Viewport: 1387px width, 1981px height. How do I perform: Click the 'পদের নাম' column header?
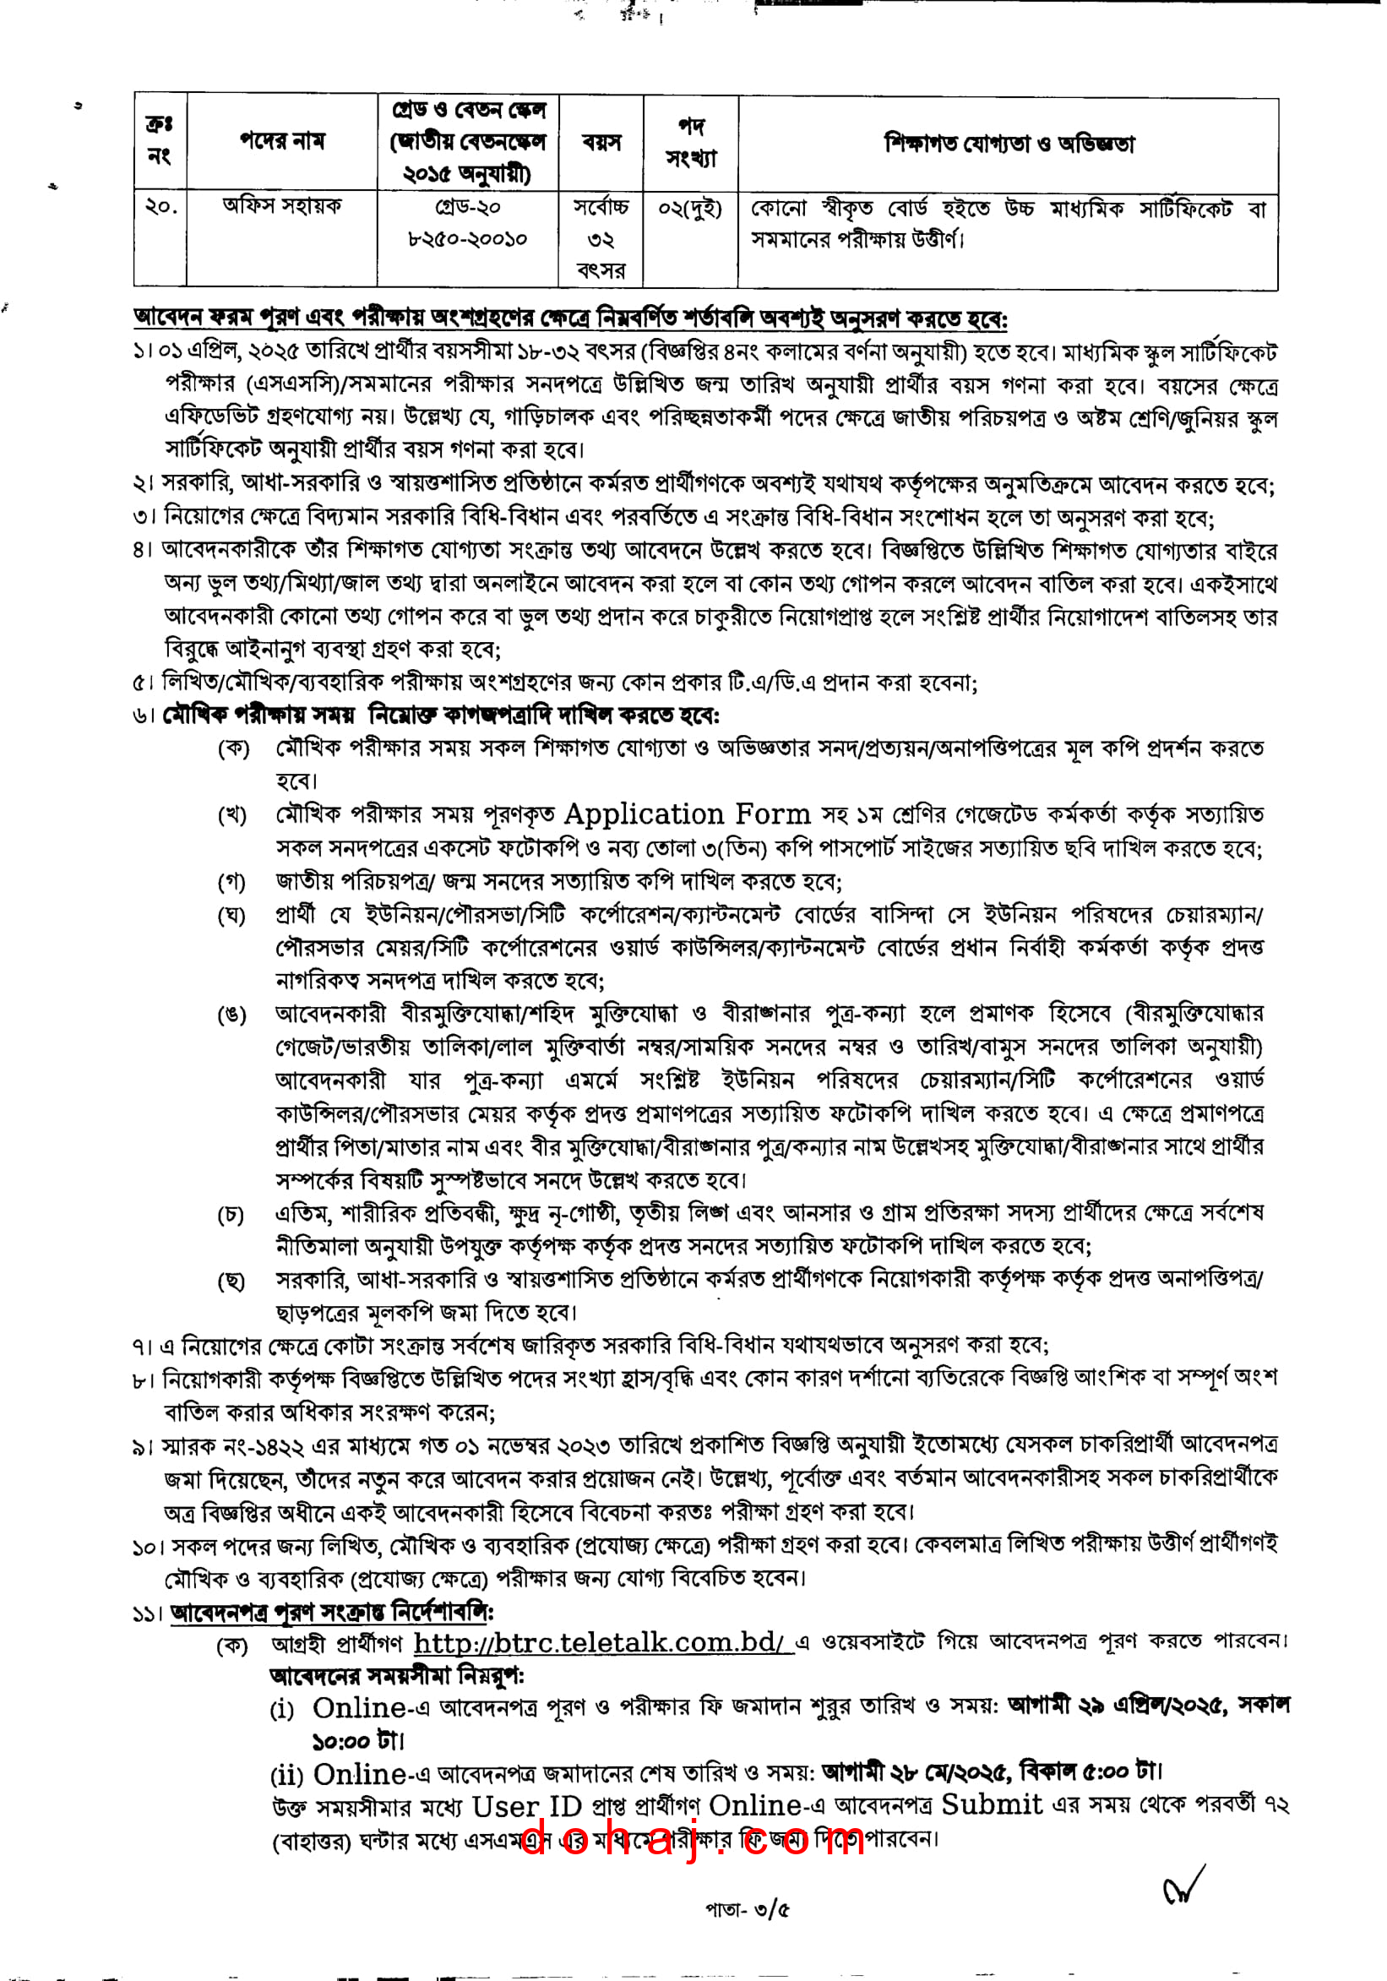click(x=282, y=140)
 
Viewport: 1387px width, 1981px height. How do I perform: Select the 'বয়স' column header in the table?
click(x=601, y=142)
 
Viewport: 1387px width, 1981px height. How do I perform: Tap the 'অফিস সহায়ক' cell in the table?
click(x=282, y=205)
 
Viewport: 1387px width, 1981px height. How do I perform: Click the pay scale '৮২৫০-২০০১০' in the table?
click(x=466, y=239)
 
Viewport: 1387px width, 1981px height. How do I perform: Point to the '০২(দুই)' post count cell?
click(x=690, y=209)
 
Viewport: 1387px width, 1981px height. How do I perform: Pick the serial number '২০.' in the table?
click(x=160, y=207)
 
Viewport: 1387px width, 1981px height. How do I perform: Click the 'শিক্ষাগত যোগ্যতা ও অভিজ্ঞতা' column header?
click(x=1009, y=144)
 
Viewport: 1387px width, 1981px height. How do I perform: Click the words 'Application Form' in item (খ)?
click(x=687, y=814)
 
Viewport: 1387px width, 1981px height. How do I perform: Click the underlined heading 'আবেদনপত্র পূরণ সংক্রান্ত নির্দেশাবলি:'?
click(x=331, y=1612)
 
